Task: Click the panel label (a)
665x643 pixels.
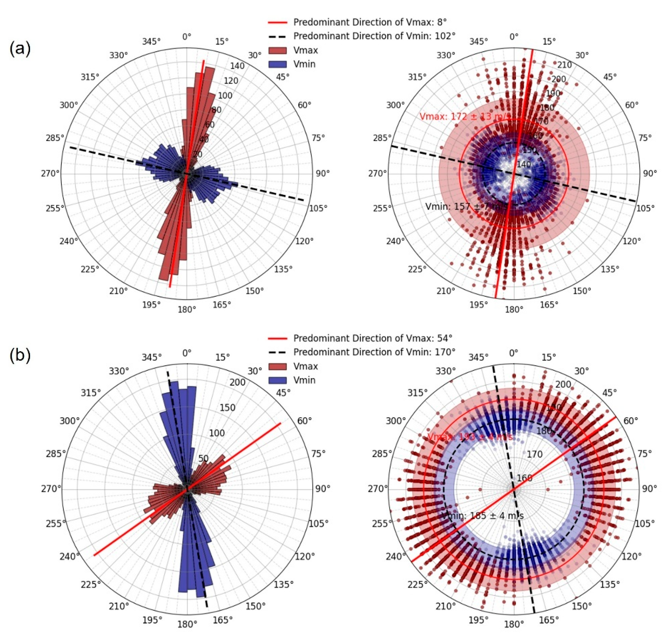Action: coord(20,49)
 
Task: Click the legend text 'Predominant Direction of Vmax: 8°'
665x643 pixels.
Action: coord(370,22)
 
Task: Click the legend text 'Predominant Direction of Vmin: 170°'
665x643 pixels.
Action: coord(374,352)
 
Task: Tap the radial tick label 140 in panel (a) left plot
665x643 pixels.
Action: coord(237,66)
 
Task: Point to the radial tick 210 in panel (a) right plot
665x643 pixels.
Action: coord(565,64)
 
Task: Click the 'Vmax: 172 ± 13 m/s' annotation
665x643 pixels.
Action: coord(465,117)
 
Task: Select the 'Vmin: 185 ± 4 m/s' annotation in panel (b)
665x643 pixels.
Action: coord(482,516)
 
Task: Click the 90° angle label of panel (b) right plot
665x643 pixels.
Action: coord(649,489)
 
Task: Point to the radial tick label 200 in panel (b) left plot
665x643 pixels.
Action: coord(237,382)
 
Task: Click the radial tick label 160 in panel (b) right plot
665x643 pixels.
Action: coord(525,478)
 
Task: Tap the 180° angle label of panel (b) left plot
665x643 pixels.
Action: coord(187,624)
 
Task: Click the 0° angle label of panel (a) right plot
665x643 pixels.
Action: coord(514,37)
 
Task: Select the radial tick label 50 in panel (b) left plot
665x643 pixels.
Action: coord(203,458)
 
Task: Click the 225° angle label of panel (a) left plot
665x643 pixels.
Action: coord(90,269)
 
